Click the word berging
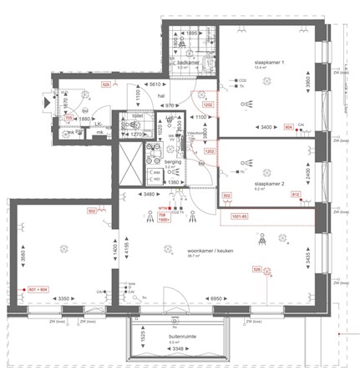pyautogui.click(x=172, y=160)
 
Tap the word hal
pyautogui.click(x=162, y=96)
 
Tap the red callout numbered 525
pyautogui.click(x=105, y=85)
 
